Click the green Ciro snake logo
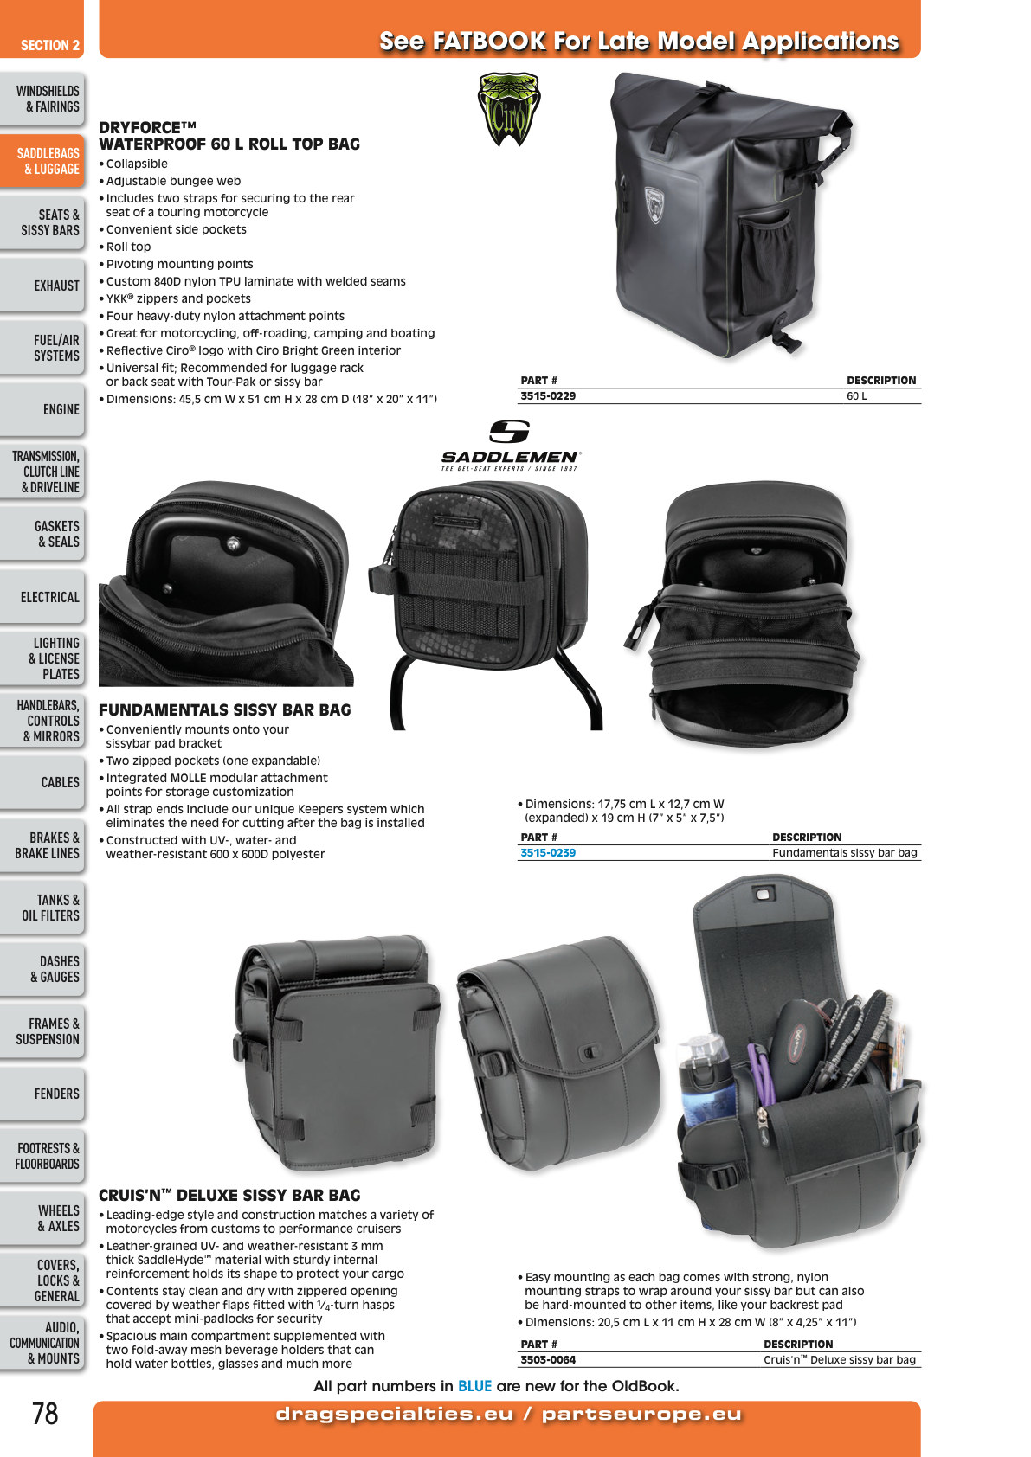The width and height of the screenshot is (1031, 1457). (x=508, y=109)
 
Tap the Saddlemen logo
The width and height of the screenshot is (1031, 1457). (x=510, y=446)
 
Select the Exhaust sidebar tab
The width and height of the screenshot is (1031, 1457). (x=42, y=286)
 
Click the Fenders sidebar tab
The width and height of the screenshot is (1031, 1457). (x=42, y=1094)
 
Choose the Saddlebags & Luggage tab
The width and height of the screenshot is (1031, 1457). (x=42, y=161)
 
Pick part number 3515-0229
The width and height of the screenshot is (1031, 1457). (x=548, y=396)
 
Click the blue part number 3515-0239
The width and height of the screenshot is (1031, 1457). (x=548, y=853)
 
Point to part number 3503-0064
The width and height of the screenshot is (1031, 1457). (x=548, y=1359)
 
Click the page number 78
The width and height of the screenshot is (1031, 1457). (x=45, y=1414)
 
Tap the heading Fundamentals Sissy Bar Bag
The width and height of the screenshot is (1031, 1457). (x=224, y=709)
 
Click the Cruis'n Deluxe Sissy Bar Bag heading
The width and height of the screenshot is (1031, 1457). (x=229, y=1195)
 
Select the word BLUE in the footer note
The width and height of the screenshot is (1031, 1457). (x=474, y=1386)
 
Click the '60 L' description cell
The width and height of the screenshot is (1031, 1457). (x=856, y=396)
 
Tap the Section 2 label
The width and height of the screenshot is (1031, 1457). (x=50, y=45)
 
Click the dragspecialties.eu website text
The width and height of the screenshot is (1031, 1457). (x=395, y=1415)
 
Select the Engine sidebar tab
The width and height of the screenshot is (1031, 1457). (x=42, y=409)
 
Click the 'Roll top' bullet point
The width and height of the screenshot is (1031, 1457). (x=128, y=247)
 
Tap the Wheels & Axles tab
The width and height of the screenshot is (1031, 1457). (x=42, y=1217)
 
